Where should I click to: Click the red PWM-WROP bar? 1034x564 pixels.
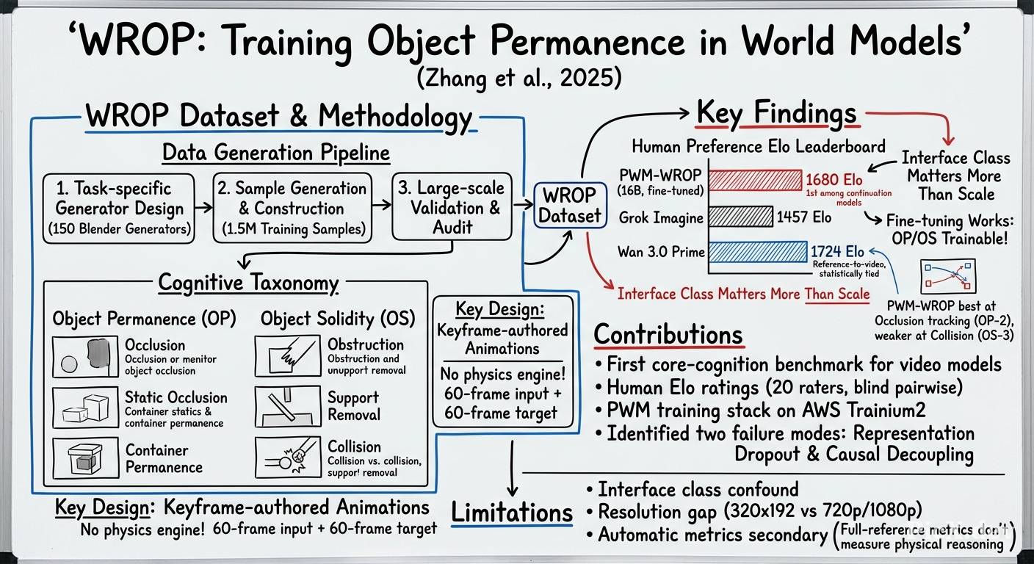click(x=755, y=180)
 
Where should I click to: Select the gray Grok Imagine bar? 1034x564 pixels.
click(x=741, y=217)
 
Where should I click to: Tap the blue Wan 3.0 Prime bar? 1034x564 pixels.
click(x=758, y=252)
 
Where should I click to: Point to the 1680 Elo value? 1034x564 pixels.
click(x=834, y=179)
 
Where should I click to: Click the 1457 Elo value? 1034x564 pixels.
click(x=803, y=217)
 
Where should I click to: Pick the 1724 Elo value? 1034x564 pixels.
click(x=837, y=252)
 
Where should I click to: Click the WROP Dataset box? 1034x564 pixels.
click(x=570, y=206)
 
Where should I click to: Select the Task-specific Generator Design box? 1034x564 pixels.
click(x=119, y=209)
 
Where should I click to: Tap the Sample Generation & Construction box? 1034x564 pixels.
click(x=292, y=208)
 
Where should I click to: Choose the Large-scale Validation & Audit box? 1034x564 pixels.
click(x=452, y=207)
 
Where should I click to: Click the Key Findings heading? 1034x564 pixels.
click(x=776, y=113)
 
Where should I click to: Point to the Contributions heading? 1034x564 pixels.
click(x=668, y=334)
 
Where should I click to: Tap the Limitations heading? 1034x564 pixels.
click(x=512, y=513)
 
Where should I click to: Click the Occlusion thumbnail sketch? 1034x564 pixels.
click(x=85, y=357)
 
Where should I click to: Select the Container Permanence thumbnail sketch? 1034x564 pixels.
click(x=85, y=458)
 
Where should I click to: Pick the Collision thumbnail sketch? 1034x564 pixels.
click(x=288, y=458)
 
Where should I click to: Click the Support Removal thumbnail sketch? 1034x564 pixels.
click(x=288, y=407)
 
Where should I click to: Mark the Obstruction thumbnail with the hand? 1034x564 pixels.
click(x=288, y=356)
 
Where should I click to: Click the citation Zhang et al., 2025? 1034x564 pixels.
click(x=519, y=78)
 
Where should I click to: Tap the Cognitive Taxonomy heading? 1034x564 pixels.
click(x=248, y=283)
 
